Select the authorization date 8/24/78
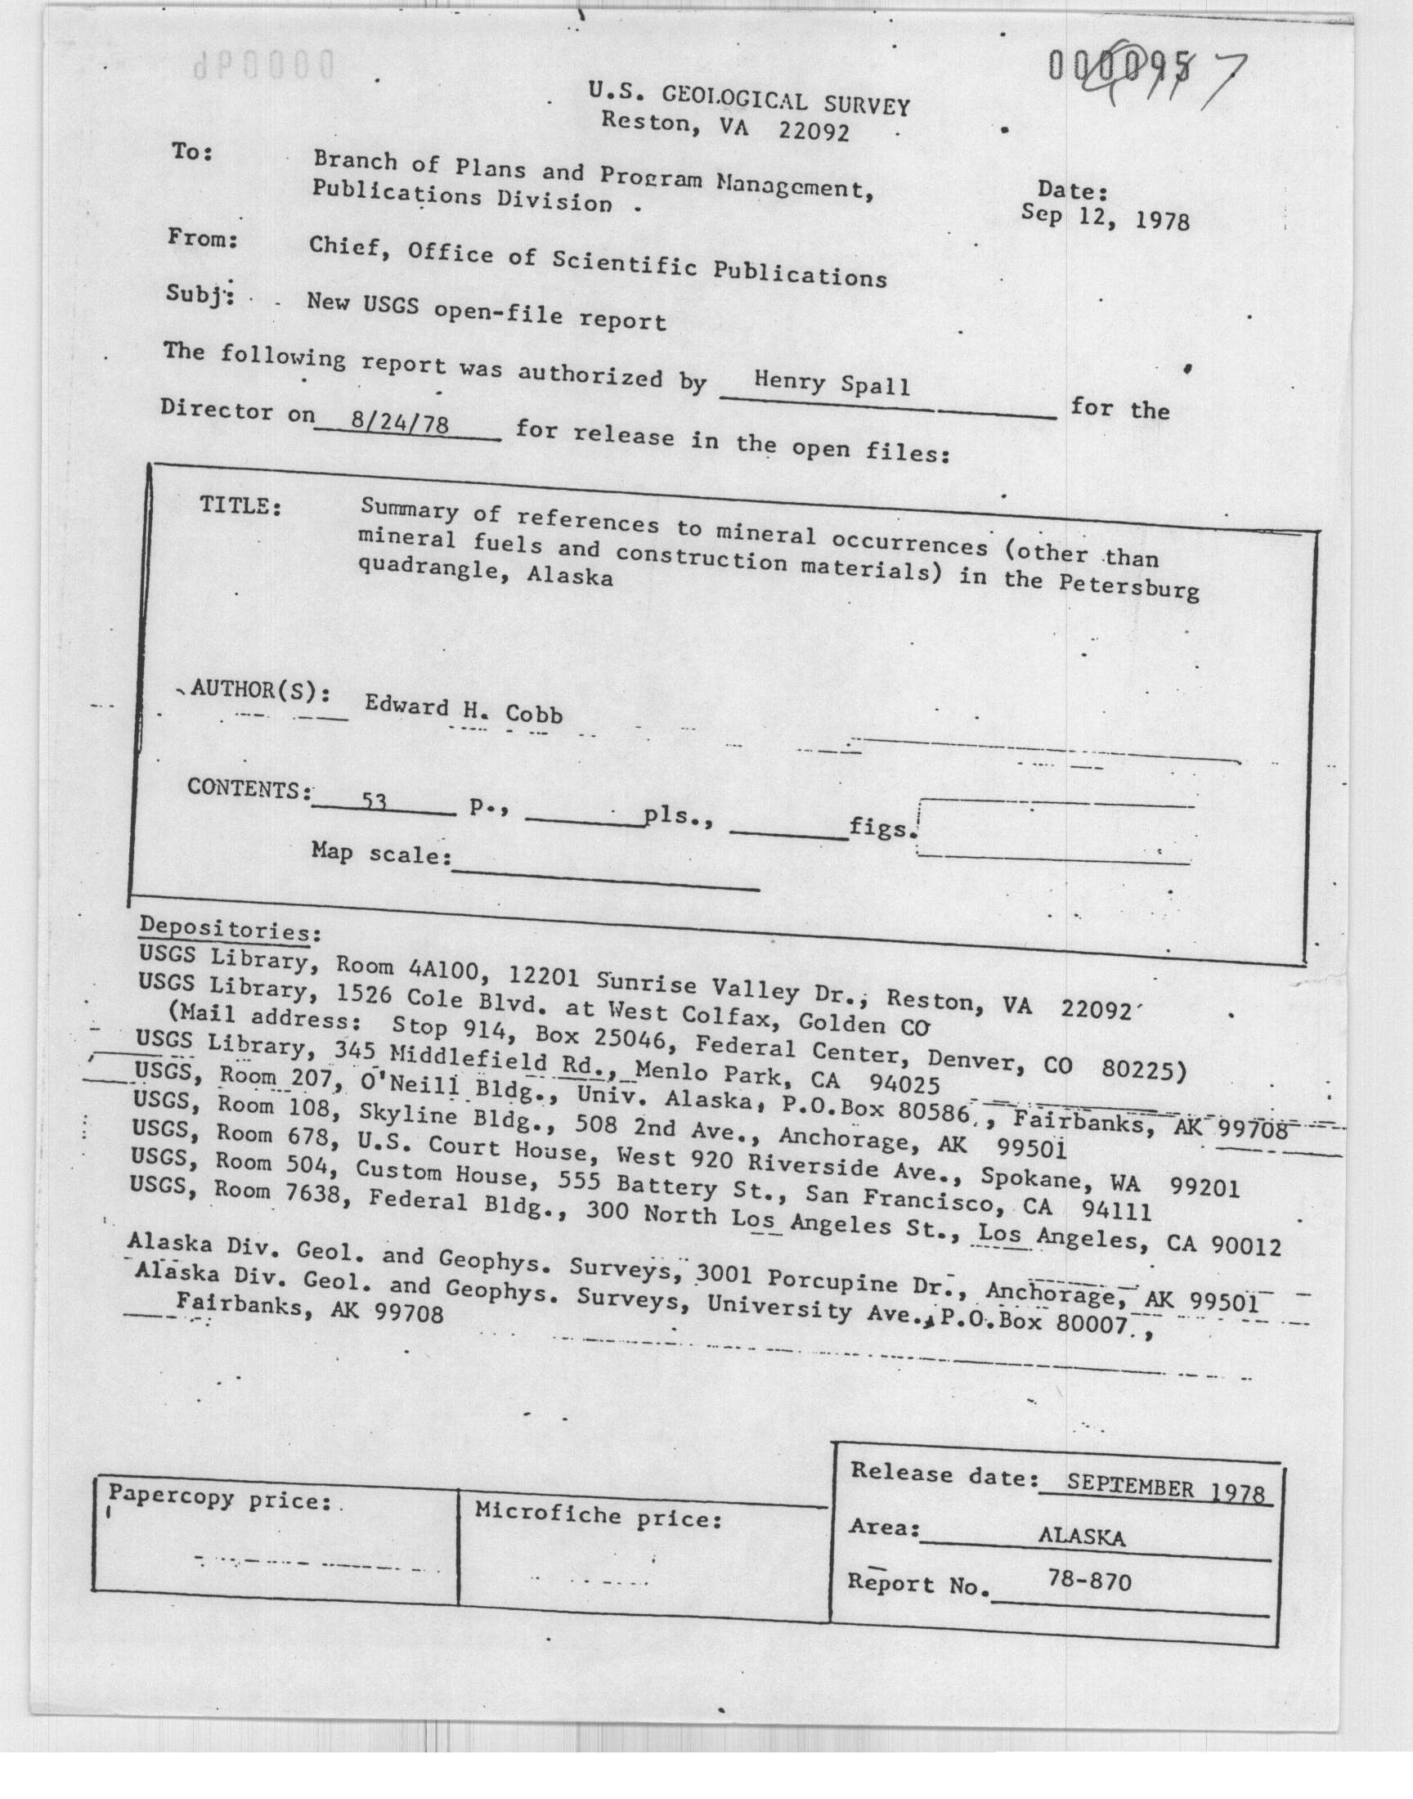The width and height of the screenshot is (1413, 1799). coord(400,424)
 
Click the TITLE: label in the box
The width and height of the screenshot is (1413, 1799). coord(240,505)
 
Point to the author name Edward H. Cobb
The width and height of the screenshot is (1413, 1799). coord(464,709)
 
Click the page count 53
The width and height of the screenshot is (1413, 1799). coord(375,801)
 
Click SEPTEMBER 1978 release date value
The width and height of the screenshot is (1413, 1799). coord(1164,1489)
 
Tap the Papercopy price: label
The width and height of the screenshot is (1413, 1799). coord(220,1496)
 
